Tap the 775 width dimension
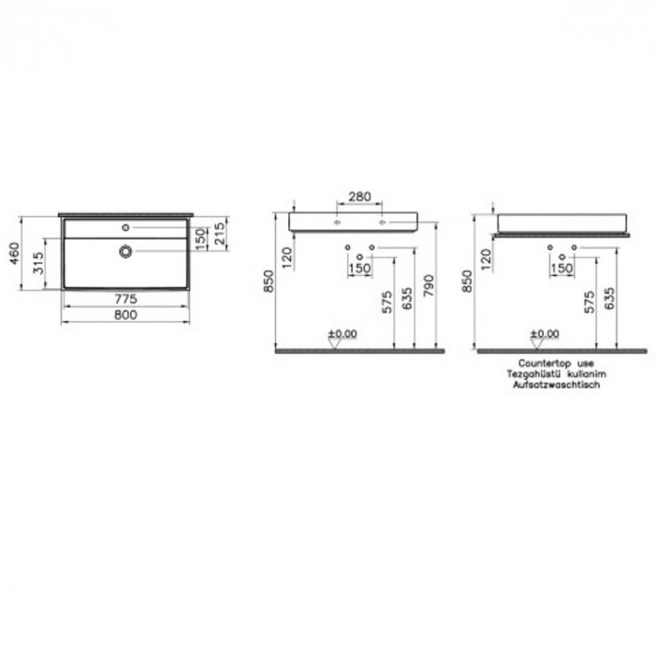pos(127,298)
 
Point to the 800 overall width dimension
pos(127,315)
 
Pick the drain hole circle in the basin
pos(125,251)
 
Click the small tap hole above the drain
pos(125,227)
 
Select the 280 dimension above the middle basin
pos(359,197)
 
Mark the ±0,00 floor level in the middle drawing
pos(342,333)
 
